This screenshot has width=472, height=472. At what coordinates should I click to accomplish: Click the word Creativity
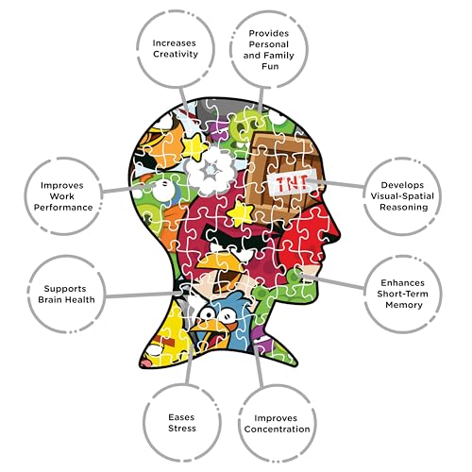pyautogui.click(x=176, y=54)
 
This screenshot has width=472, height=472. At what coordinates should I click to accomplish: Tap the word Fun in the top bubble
pyautogui.click(x=270, y=66)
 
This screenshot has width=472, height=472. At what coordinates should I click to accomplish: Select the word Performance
pyautogui.click(x=63, y=208)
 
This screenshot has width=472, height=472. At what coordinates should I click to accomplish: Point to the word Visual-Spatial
pyautogui.click(x=402, y=196)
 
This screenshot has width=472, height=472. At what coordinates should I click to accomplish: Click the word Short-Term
pyautogui.click(x=402, y=294)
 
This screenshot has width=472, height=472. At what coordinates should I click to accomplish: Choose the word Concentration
pyautogui.click(x=277, y=430)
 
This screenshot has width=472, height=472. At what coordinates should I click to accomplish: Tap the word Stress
pyautogui.click(x=182, y=429)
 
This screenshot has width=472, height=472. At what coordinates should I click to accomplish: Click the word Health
pyautogui.click(x=80, y=299)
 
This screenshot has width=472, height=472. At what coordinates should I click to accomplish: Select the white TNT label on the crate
pyautogui.click(x=292, y=182)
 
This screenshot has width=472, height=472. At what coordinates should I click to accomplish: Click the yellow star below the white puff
pyautogui.click(x=240, y=213)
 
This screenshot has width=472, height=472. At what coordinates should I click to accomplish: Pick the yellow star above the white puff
pyautogui.click(x=194, y=147)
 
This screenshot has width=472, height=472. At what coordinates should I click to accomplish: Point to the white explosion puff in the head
pyautogui.click(x=211, y=170)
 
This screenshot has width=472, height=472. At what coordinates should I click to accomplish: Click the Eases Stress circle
pyautogui.click(x=182, y=423)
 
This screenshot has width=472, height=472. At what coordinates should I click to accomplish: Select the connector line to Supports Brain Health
pyautogui.click(x=144, y=295)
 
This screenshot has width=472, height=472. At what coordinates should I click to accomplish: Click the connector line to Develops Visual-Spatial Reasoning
pyautogui.click(x=336, y=184)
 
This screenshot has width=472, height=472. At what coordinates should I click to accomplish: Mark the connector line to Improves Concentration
pyautogui.click(x=258, y=366)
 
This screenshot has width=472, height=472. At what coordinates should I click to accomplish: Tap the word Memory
pyautogui.click(x=404, y=305)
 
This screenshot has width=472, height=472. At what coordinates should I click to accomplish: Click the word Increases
pyautogui.click(x=174, y=43)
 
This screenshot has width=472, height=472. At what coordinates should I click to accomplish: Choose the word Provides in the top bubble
pyautogui.click(x=269, y=33)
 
